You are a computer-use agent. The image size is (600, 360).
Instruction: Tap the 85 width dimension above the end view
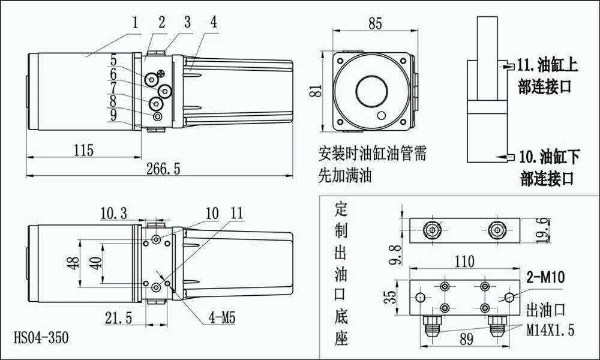click(375, 24)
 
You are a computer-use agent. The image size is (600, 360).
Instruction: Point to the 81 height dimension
click(320, 91)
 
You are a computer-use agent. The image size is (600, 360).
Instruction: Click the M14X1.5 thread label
click(550, 329)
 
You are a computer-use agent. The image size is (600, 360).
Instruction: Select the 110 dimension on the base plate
click(464, 261)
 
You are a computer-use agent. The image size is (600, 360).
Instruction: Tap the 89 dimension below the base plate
click(465, 339)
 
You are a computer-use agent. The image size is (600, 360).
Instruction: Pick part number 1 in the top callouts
click(136, 23)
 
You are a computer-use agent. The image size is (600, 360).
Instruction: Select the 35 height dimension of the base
click(391, 296)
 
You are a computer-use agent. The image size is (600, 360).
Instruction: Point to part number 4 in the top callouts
click(214, 23)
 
